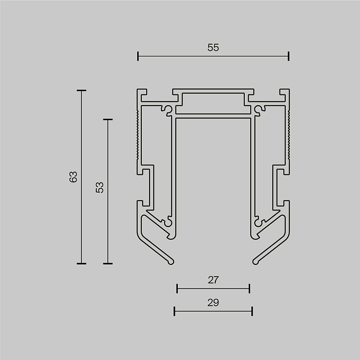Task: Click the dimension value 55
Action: click(213, 48)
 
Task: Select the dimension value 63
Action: click(73, 177)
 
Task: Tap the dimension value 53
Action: click(100, 188)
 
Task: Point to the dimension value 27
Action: click(213, 280)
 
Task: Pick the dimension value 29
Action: click(213, 303)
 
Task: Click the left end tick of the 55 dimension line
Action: click(138, 56)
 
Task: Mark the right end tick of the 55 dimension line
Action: click(289, 56)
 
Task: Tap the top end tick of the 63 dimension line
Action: click(81, 90)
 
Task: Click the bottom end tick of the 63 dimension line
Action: click(81, 264)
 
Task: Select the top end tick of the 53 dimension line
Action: click(108, 119)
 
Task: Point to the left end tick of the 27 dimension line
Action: click(177, 288)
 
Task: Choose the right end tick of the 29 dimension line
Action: click(252, 311)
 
